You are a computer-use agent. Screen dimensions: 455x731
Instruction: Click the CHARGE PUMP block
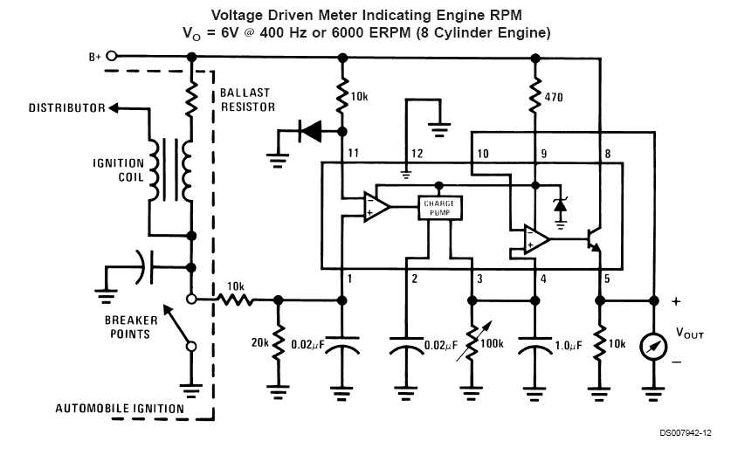[440, 207]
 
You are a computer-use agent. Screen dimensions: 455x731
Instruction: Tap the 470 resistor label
[553, 97]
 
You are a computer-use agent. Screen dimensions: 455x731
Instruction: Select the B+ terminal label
[95, 57]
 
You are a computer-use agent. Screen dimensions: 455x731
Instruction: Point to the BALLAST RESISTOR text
[245, 100]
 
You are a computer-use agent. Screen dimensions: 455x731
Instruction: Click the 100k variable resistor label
[492, 343]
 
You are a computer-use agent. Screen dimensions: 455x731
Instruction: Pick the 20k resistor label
[260, 343]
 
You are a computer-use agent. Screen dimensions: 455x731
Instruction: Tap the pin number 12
[417, 154]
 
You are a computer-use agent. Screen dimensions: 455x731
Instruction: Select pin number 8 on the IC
[607, 155]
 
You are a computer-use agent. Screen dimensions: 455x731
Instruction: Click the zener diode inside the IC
[560, 206]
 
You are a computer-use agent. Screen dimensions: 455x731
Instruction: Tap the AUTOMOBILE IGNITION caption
[120, 408]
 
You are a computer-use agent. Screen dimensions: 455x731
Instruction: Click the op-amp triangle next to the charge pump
[376, 208]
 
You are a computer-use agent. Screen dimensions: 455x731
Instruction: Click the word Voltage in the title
[239, 15]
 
